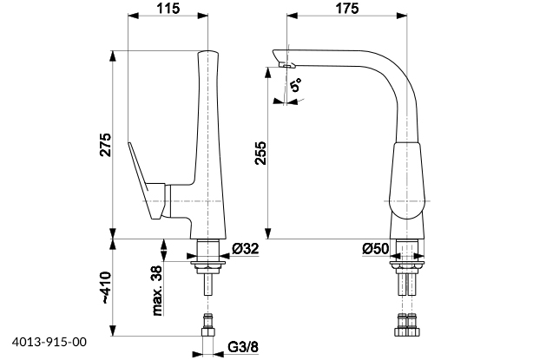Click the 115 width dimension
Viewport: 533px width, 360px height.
[168, 8]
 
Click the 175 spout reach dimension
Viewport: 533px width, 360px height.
[347, 8]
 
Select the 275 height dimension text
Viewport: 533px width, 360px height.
[105, 145]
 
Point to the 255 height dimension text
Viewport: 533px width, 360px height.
[260, 153]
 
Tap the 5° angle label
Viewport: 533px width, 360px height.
[296, 84]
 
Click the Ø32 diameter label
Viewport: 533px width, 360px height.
[246, 249]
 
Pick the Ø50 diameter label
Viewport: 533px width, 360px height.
[375, 249]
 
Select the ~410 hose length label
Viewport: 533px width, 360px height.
[106, 287]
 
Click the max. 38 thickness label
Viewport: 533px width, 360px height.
[157, 291]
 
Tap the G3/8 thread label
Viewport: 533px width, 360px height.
[243, 347]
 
